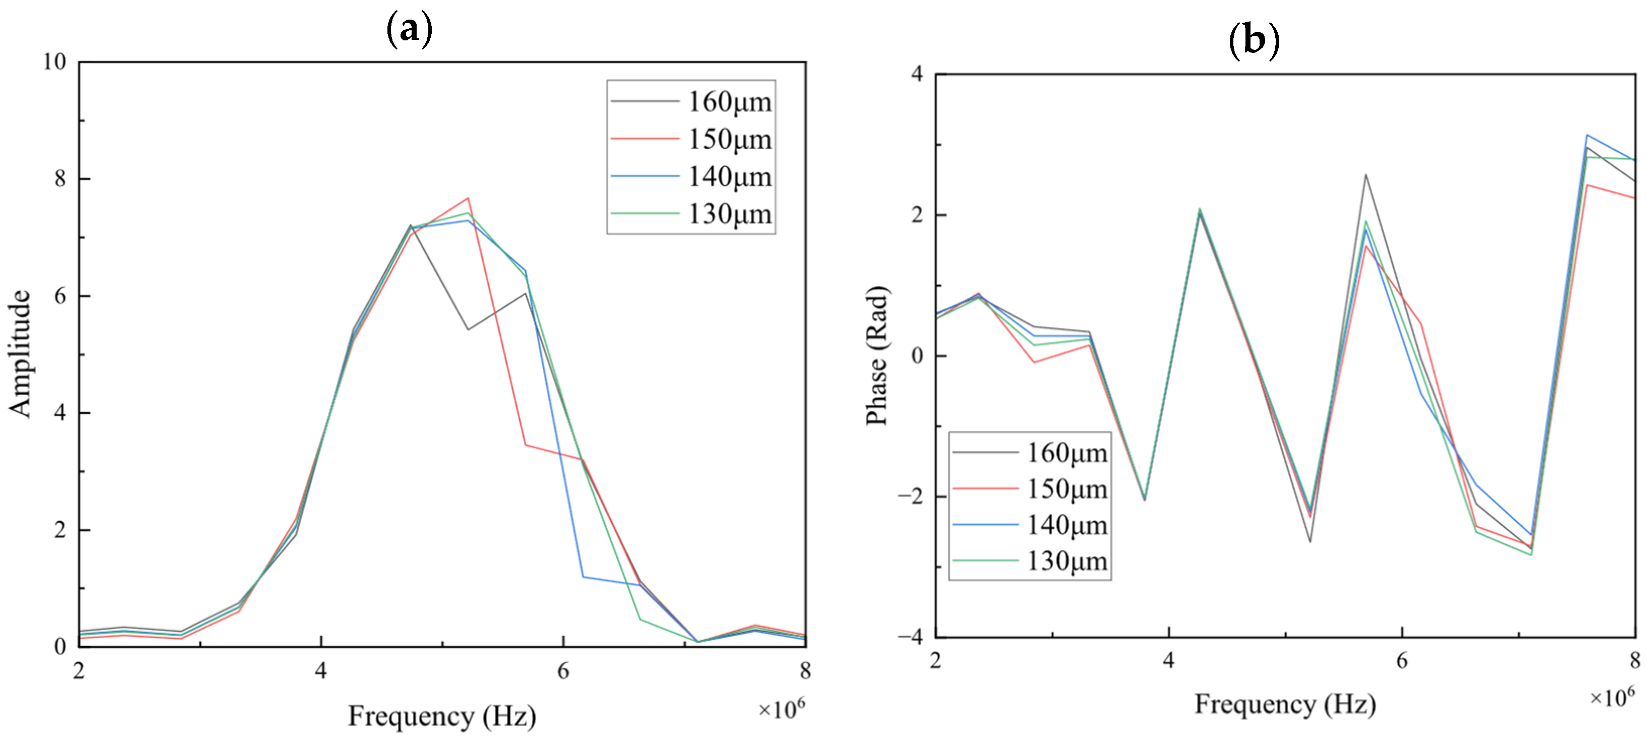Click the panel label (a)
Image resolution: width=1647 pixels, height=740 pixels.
coord(409,29)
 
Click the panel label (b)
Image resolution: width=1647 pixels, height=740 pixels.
coord(1254,40)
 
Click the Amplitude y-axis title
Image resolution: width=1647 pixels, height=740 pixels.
coord(19,353)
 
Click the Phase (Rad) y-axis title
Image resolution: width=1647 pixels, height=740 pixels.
coord(877,355)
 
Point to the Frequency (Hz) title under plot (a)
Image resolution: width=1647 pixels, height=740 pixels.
coord(442,716)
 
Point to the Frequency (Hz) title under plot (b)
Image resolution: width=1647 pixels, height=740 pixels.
coord(1285,704)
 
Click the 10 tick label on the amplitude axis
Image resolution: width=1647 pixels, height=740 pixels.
coord(54,62)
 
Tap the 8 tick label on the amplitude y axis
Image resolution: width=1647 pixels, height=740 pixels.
coord(60,179)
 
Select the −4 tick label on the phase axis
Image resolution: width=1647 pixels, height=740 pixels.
coord(911,637)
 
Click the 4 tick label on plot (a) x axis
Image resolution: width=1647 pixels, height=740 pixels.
coord(321,670)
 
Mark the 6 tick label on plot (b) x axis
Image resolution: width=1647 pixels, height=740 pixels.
coord(1401,660)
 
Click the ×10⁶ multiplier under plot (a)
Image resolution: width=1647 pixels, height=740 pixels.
coord(781,709)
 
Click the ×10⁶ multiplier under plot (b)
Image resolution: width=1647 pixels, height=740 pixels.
coord(1612,697)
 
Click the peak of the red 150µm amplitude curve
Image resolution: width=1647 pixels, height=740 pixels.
coord(468,198)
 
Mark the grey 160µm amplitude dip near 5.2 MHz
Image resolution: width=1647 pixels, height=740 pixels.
coord(468,329)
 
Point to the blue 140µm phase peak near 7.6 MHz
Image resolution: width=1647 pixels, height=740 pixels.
coord(1587,135)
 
